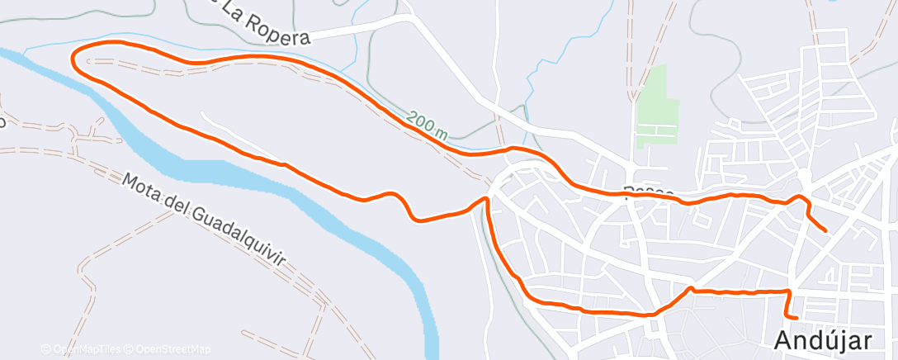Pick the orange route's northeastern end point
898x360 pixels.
click(x=825, y=230)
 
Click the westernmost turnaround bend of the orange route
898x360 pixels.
click(x=74, y=58)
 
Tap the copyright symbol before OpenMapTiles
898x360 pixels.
click(x=45, y=349)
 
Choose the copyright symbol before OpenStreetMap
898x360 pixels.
click(x=129, y=349)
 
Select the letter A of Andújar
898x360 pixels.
click(x=783, y=340)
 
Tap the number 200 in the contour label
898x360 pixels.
click(x=418, y=121)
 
